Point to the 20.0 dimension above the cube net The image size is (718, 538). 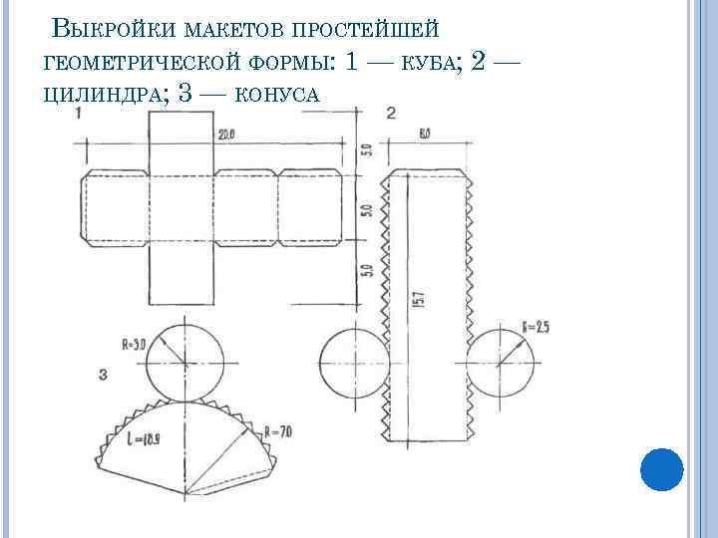(226, 134)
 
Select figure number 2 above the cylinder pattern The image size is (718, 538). (390, 113)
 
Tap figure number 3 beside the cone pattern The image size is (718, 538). (104, 375)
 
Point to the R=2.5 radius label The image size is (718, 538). (536, 326)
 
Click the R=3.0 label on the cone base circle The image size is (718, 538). (134, 346)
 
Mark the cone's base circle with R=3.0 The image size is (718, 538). (180, 360)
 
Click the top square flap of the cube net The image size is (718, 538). (180, 140)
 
